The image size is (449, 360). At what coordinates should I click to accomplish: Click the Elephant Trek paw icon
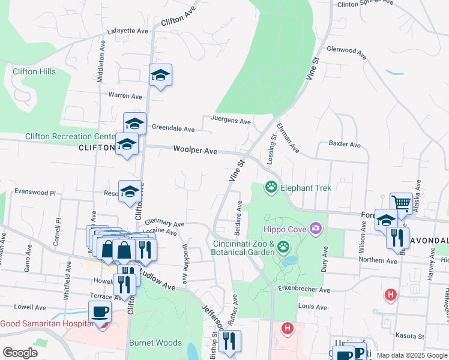(271, 188)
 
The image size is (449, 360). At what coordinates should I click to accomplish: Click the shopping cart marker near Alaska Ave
(401, 202)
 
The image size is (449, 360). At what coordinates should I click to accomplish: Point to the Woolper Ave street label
(195, 151)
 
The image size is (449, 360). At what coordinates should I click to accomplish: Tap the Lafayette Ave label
(127, 31)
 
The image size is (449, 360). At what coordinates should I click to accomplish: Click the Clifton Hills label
(34, 71)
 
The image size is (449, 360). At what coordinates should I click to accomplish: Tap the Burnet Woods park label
(155, 343)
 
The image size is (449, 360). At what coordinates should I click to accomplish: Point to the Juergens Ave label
(231, 121)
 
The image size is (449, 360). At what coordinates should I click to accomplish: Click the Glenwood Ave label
(346, 53)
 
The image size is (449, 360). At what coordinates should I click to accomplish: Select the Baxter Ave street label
(345, 145)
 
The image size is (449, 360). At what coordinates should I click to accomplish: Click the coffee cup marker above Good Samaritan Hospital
(100, 311)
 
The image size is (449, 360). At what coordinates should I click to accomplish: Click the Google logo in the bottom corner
(20, 353)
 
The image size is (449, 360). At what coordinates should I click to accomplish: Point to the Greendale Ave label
(173, 128)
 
